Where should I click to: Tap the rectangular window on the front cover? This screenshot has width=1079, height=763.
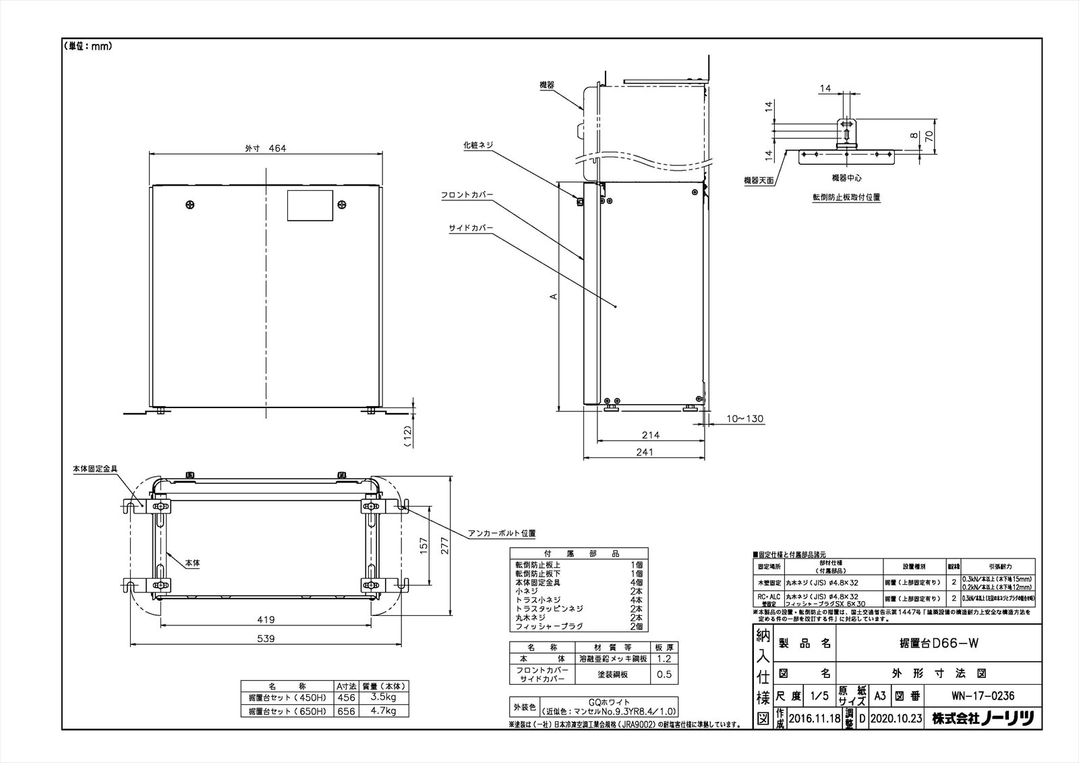click(x=310, y=205)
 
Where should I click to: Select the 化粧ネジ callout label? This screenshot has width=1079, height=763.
click(x=478, y=144)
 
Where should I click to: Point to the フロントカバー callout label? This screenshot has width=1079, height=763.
click(x=467, y=194)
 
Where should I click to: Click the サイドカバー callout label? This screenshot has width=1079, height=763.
click(x=471, y=228)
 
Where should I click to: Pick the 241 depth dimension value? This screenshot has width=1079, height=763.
click(x=645, y=453)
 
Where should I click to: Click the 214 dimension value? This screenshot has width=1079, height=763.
click(x=651, y=435)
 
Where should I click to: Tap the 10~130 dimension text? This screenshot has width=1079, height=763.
click(x=745, y=419)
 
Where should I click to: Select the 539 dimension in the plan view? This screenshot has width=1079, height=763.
click(x=270, y=639)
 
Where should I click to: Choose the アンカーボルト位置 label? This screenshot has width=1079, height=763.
click(x=502, y=533)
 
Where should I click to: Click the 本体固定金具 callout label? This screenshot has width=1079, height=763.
click(x=95, y=468)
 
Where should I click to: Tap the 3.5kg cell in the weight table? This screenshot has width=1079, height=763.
click(x=384, y=698)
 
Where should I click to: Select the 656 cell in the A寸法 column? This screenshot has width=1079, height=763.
click(x=345, y=711)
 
